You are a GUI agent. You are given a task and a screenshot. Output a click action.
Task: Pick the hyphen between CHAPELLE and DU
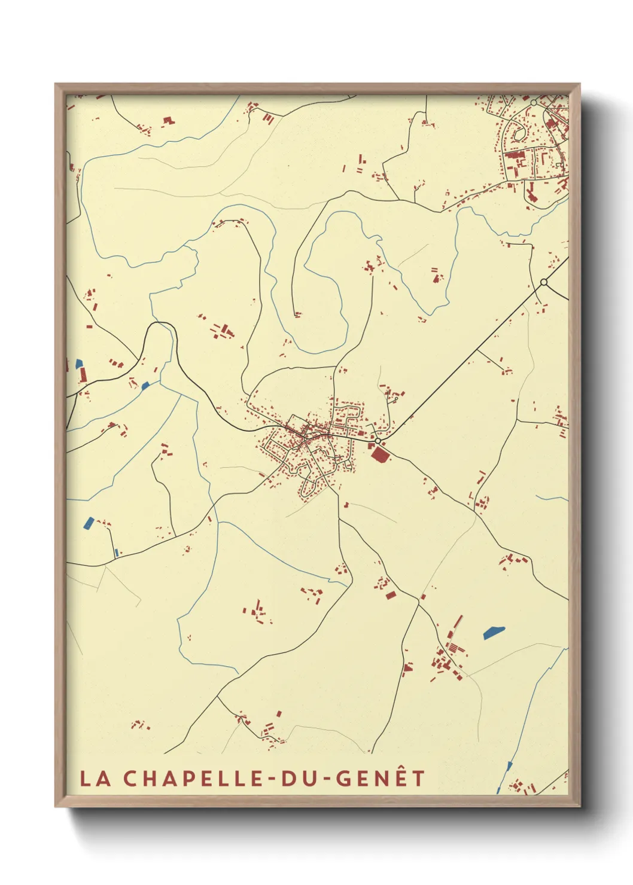click(272, 779)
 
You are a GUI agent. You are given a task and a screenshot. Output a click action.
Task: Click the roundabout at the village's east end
click(378, 441)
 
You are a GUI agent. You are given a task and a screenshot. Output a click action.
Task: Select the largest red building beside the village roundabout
click(379, 454)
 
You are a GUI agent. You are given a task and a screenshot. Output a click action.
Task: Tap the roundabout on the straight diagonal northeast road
click(543, 282)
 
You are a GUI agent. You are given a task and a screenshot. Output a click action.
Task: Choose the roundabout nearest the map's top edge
click(534, 103)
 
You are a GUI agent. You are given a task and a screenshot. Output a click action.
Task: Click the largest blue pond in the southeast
click(494, 633)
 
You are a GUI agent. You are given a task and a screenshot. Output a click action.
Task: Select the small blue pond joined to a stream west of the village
click(145, 386)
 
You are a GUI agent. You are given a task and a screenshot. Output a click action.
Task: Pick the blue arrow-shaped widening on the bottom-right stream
click(509, 766)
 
